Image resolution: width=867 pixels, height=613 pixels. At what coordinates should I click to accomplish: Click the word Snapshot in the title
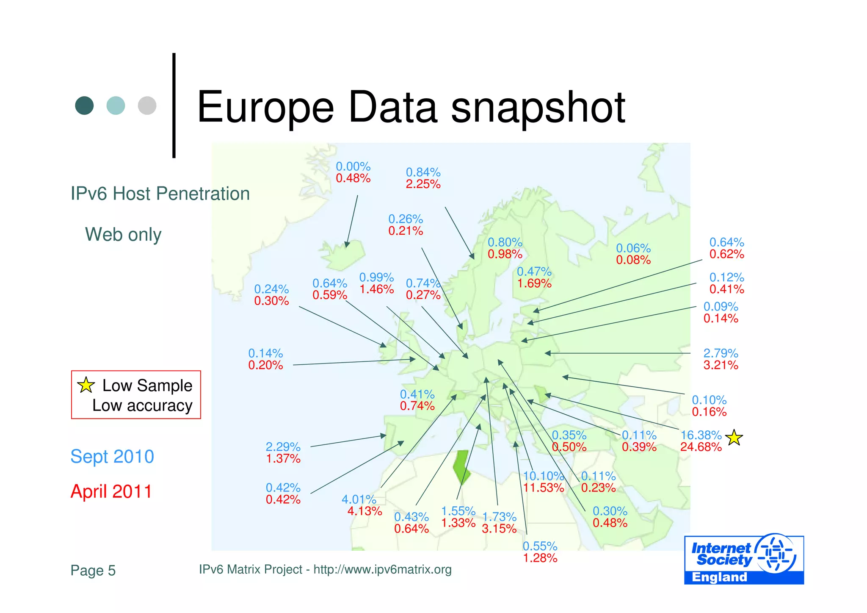pyautogui.click(x=538, y=108)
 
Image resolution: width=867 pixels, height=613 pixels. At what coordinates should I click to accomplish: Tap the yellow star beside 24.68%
pyautogui.click(x=734, y=438)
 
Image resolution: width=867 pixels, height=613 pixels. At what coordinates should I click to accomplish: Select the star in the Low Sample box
pyautogui.click(x=86, y=385)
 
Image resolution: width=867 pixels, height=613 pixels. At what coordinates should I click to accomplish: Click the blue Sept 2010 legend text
pyautogui.click(x=112, y=457)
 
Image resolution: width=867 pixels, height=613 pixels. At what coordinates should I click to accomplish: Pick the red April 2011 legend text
pyautogui.click(x=111, y=491)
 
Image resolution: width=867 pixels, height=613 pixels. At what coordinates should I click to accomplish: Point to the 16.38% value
pyautogui.click(x=701, y=435)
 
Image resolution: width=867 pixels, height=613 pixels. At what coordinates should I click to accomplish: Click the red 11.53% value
pyautogui.click(x=544, y=488)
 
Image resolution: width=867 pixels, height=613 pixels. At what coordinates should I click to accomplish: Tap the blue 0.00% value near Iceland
pyautogui.click(x=353, y=166)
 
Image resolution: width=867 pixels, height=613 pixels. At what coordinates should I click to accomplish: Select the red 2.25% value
pyautogui.click(x=423, y=184)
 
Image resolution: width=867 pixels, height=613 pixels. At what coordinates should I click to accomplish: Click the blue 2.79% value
pyautogui.click(x=721, y=353)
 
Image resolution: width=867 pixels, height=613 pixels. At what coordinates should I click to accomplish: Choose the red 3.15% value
pyautogui.click(x=499, y=529)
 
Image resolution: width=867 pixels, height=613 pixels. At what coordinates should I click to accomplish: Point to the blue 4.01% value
pyautogui.click(x=359, y=499)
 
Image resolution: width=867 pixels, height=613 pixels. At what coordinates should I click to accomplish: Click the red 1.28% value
pyautogui.click(x=540, y=558)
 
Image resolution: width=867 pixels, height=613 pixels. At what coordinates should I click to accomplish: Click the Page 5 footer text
pyautogui.click(x=93, y=571)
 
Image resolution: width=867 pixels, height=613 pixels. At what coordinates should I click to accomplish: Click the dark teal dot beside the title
pyautogui.click(x=84, y=105)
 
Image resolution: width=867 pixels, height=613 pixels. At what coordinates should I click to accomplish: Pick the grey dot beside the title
pyautogui.click(x=147, y=105)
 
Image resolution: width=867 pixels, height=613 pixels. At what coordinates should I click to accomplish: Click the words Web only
pyautogui.click(x=123, y=234)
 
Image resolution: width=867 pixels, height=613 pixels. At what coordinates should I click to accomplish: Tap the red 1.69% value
pyautogui.click(x=534, y=283)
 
